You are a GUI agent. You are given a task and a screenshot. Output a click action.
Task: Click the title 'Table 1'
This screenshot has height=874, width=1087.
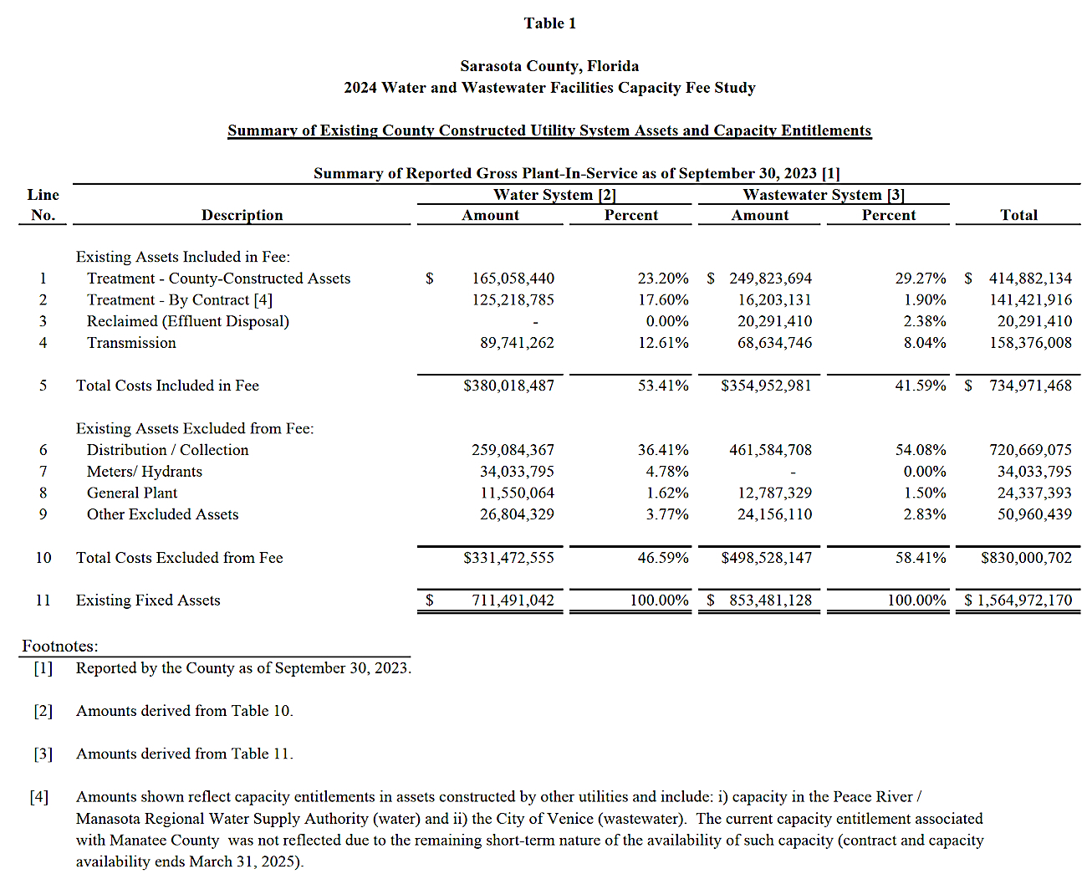[549, 23]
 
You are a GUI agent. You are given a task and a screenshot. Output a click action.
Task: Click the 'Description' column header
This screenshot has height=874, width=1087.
[242, 215]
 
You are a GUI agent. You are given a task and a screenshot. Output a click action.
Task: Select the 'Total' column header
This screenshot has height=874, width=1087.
[1018, 215]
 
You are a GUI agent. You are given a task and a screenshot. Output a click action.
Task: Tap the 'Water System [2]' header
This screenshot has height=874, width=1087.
[554, 195]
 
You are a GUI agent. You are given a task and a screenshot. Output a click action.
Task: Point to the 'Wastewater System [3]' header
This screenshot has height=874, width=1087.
[824, 195]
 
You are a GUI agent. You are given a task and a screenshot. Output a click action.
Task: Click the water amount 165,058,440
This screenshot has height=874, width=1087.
[513, 279]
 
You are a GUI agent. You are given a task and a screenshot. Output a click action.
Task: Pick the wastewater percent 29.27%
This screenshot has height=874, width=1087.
[921, 279]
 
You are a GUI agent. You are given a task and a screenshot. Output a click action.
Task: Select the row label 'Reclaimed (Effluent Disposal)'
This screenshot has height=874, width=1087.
[187, 321]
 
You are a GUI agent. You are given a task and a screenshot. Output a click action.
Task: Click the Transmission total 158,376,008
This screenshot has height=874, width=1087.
[1030, 343]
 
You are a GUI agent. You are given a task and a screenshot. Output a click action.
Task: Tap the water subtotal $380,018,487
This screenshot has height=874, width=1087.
[508, 386]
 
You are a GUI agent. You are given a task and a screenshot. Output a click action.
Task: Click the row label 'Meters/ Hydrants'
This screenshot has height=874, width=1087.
[144, 472]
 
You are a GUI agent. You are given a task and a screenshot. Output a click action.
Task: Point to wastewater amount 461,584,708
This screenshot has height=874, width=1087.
[770, 450]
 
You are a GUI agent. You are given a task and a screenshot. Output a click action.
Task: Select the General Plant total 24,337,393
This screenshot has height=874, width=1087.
[1034, 493]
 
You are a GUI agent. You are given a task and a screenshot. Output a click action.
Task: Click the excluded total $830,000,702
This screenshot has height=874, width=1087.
[1026, 558]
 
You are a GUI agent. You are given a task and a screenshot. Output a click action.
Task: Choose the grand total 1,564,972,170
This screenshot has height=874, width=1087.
[1024, 601]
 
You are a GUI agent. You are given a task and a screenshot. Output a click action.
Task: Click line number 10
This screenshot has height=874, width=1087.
[43, 558]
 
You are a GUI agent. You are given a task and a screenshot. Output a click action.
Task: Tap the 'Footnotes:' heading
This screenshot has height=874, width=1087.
[59, 647]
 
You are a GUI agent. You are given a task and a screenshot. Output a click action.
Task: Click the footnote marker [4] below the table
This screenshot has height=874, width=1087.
[39, 797]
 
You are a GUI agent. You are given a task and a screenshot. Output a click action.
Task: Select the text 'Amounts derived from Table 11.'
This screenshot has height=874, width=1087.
[184, 754]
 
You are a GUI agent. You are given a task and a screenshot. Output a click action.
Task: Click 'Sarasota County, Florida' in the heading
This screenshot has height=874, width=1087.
[549, 66]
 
